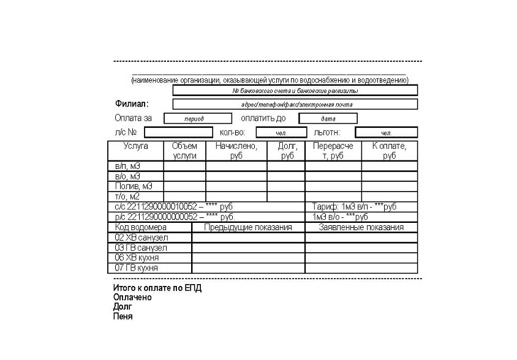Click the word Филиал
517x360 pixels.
pyautogui.click(x=131, y=103)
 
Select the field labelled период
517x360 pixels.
pyautogui.click(x=194, y=118)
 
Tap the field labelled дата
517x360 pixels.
pyautogui.click(x=328, y=118)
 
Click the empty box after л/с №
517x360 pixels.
pyautogui.click(x=177, y=132)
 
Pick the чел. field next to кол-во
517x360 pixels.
pyautogui.click(x=281, y=132)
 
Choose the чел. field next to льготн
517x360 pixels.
pyautogui.click(x=386, y=132)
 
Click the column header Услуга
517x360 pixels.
pyautogui.click(x=135, y=146)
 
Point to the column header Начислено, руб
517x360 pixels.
pyautogui.click(x=236, y=151)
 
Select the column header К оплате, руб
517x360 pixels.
pyautogui.click(x=389, y=151)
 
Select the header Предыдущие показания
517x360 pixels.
pyautogui.click(x=247, y=227)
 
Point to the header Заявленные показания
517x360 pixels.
pyautogui.click(x=361, y=227)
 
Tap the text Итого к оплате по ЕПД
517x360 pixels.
pyautogui.click(x=157, y=288)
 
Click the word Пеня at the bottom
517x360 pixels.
pyautogui.click(x=123, y=317)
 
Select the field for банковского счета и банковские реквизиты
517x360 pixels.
pyautogui.click(x=295, y=91)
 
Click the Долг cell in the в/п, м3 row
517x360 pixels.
pyautogui.click(x=286, y=166)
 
